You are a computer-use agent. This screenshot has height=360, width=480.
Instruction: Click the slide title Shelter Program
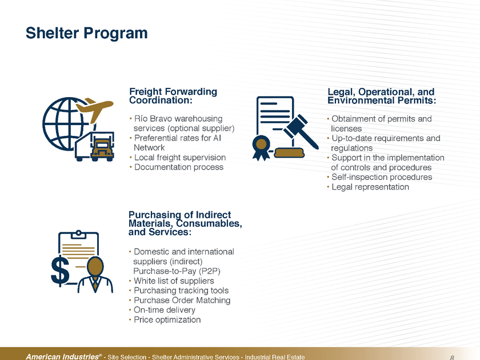click(x=86, y=33)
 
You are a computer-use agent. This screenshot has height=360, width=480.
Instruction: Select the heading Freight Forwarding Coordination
click(x=173, y=95)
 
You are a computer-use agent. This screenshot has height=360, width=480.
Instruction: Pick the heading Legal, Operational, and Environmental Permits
click(x=382, y=95)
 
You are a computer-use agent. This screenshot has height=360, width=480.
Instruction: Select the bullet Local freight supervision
click(x=179, y=157)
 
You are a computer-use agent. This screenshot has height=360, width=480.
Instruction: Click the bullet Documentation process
click(x=178, y=167)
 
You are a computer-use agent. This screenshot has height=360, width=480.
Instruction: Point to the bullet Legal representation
click(x=370, y=187)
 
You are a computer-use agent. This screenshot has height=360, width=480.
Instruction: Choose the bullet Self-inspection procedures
click(x=382, y=177)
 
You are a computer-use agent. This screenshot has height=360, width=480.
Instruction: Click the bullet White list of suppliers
click(x=174, y=281)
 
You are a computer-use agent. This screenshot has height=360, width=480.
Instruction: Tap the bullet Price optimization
click(x=167, y=320)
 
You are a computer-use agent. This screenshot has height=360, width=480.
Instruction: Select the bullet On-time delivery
click(x=165, y=310)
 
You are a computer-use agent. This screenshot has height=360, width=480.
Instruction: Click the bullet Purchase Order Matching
click(x=182, y=301)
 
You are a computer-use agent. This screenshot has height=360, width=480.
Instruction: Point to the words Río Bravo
click(x=151, y=119)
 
